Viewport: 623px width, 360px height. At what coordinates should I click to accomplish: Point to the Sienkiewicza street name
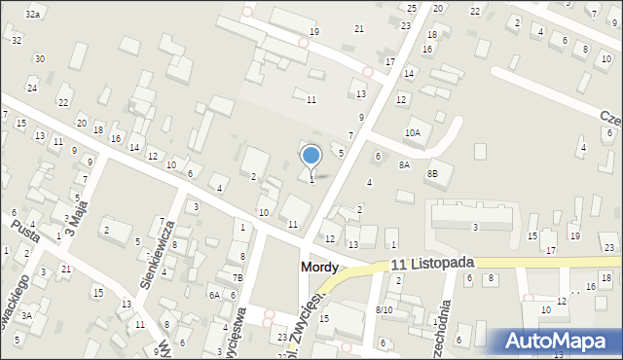point(157,250)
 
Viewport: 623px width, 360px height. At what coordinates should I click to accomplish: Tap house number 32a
point(33,14)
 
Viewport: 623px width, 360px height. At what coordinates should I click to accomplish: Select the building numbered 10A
point(413,132)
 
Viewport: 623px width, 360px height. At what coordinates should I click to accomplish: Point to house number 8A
point(404,164)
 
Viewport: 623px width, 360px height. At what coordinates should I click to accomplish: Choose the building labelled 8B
point(432,173)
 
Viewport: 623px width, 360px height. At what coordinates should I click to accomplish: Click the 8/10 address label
point(384,309)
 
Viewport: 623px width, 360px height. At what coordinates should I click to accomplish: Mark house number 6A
point(214,295)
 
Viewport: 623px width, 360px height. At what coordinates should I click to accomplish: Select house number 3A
point(27,315)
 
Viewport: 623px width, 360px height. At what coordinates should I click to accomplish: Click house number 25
point(412,8)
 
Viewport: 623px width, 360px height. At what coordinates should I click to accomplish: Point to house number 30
point(39,58)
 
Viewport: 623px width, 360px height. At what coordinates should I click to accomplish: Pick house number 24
point(31,89)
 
